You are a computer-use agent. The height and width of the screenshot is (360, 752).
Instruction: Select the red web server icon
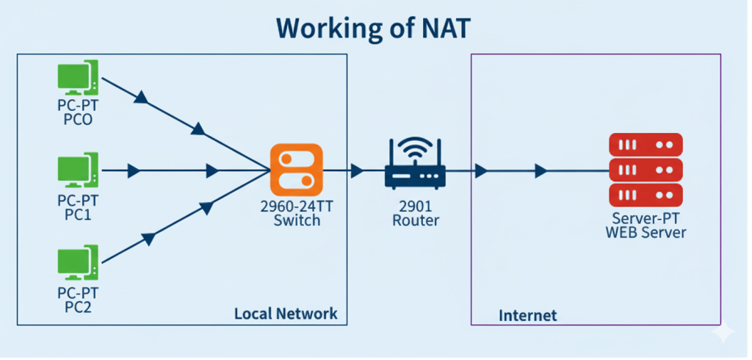646,170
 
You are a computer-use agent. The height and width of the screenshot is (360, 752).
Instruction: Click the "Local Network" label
286,314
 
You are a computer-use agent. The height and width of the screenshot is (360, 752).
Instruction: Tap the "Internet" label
527,316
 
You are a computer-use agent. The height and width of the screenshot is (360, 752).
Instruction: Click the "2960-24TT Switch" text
296,213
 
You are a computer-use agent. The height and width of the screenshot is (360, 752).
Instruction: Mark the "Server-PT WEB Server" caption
646,226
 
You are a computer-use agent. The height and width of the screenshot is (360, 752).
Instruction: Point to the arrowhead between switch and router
357,171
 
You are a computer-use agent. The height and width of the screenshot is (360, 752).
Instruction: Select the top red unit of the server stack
646,144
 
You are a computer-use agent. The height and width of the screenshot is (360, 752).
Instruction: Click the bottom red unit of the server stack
646,195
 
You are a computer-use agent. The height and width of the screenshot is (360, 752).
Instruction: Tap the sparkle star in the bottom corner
723,333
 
